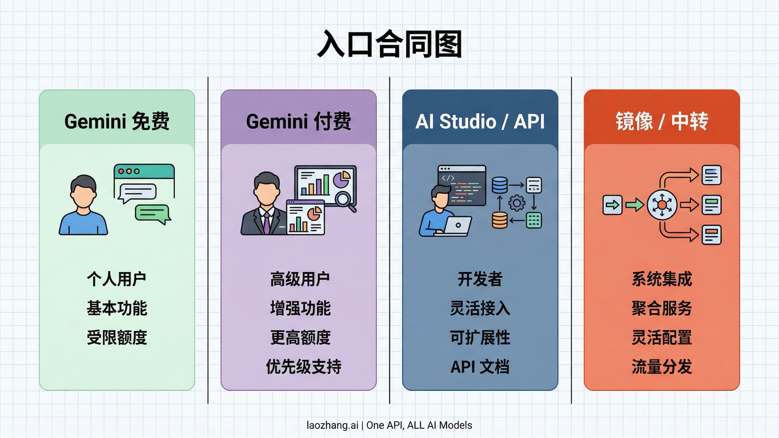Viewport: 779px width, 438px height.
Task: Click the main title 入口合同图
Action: tap(389, 44)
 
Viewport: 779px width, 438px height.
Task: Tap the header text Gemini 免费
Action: tap(117, 121)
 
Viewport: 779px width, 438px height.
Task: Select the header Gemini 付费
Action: tap(299, 121)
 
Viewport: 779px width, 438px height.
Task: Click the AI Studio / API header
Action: tap(480, 121)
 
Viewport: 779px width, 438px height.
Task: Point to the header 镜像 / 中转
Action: tap(662, 121)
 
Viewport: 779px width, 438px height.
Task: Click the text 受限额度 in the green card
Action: tap(117, 337)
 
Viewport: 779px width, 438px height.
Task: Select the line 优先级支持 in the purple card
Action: tap(303, 367)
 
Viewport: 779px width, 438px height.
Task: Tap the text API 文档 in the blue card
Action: tap(480, 367)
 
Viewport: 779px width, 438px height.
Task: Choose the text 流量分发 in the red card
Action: tap(662, 367)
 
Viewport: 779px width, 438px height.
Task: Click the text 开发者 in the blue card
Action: tap(480, 279)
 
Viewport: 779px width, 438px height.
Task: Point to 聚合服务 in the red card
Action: tap(662, 308)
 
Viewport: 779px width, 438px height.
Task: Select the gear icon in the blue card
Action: tap(517, 203)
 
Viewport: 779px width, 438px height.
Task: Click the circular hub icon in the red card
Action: tap(662, 205)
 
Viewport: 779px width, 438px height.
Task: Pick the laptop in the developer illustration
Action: tap(456, 225)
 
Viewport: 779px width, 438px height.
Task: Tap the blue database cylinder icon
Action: tap(500, 185)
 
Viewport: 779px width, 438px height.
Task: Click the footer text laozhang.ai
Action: tap(332, 425)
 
